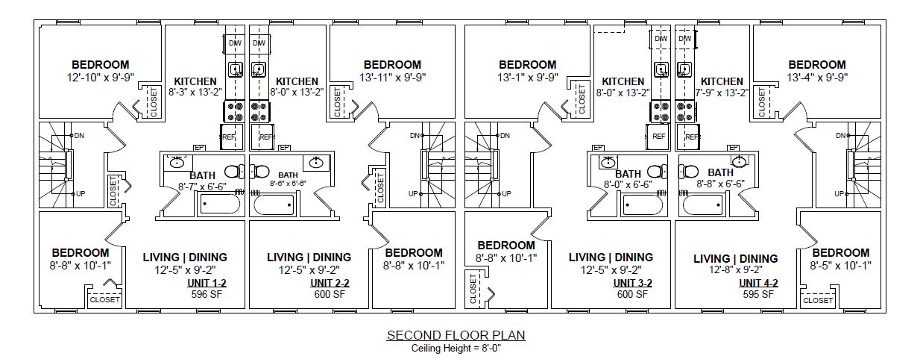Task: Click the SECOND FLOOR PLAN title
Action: pos(456,335)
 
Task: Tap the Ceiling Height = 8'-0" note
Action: pos(456,348)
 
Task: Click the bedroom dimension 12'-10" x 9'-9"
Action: pos(100,77)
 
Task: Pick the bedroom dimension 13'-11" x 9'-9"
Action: pos(392,77)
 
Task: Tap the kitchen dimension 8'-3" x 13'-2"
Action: pos(195,93)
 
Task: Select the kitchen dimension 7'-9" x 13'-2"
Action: pos(722,93)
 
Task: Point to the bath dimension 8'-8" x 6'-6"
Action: pos(721,183)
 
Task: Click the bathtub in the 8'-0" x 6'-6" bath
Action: pos(643,204)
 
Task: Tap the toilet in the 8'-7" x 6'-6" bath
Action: pos(233,172)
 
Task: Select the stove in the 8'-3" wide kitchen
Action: pos(234,112)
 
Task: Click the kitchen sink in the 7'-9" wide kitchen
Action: pos(682,70)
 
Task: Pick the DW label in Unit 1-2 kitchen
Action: pos(235,43)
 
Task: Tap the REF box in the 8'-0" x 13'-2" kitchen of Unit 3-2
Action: pos(658,137)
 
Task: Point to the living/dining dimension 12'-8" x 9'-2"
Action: pos(735,272)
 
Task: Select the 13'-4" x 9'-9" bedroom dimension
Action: pos(817,77)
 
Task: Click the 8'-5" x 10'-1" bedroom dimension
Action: pos(840,265)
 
